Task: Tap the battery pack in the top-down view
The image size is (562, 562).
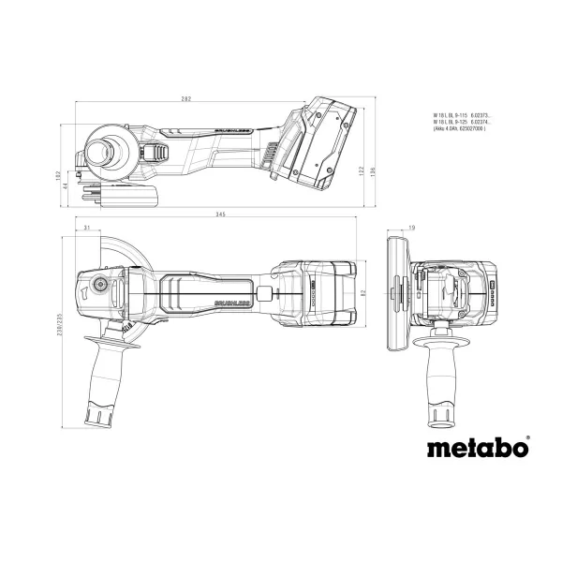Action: (317, 294)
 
